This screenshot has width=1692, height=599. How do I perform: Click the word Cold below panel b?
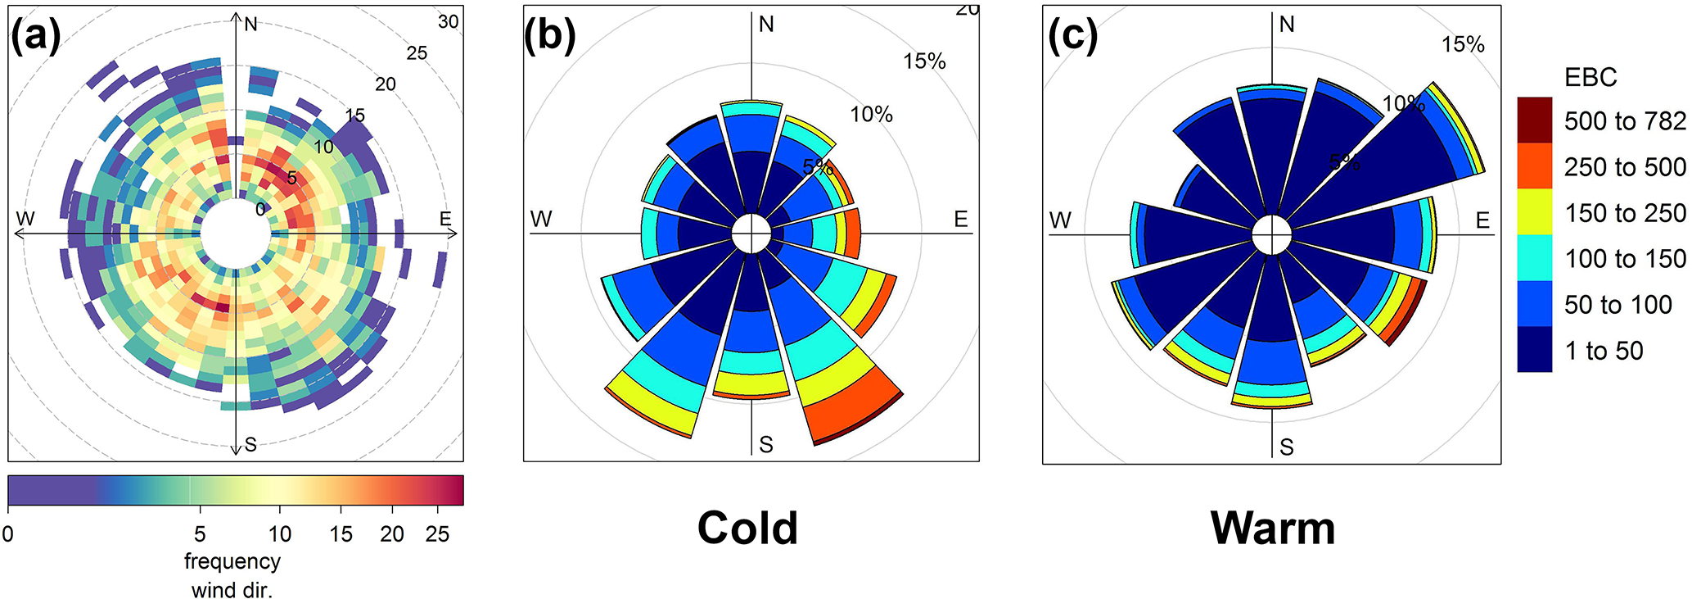[x=747, y=529]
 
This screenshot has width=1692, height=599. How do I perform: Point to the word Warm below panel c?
[x=1272, y=529]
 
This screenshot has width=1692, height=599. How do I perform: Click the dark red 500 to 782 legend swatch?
[x=1534, y=120]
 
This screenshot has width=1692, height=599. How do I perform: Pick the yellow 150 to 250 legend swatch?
[x=1534, y=212]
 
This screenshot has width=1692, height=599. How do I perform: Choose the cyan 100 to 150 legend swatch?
[x=1534, y=258]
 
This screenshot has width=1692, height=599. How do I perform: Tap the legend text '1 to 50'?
[x=1604, y=351]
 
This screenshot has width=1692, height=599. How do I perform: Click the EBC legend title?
[x=1590, y=77]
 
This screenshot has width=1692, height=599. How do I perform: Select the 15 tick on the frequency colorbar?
[x=341, y=534]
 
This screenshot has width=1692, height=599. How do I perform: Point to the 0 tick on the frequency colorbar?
[x=8, y=534]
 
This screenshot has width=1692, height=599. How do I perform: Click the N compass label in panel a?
[x=250, y=25]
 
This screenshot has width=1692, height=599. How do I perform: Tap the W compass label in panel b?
[x=541, y=220]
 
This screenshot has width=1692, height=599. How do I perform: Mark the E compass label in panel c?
[x=1482, y=220]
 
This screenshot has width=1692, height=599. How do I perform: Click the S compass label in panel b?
[x=765, y=445]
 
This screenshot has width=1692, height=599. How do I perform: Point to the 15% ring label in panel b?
[x=924, y=61]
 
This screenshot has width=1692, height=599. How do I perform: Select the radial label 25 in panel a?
[x=417, y=53]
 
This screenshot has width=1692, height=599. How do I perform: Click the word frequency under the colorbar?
[x=232, y=561]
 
